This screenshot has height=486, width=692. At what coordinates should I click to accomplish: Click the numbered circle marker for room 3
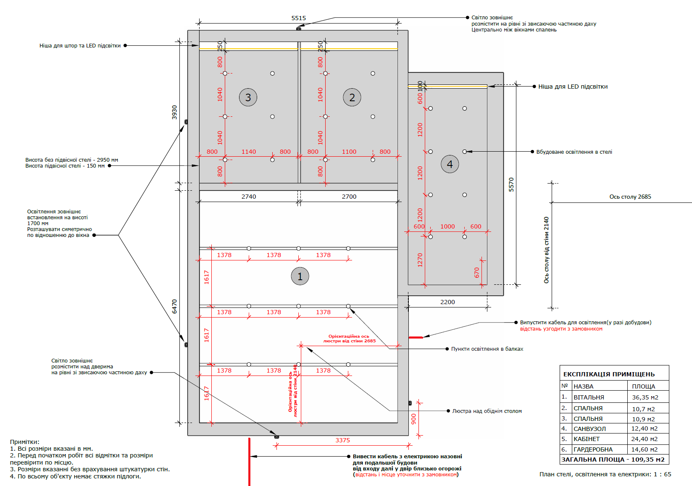coord(248,97)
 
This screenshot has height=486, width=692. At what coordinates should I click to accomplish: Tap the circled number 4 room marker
coord(450,164)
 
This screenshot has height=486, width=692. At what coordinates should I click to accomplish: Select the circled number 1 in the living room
coord(300,276)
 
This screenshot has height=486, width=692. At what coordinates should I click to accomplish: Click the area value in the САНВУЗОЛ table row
coord(645,428)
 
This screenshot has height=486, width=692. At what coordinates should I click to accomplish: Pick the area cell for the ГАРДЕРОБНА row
coord(645,449)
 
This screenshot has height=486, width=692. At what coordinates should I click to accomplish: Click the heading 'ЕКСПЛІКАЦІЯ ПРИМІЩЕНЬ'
coord(609,374)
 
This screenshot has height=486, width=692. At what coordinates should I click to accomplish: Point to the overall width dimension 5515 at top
coord(298,18)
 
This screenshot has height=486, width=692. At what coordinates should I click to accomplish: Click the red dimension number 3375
coord(342,440)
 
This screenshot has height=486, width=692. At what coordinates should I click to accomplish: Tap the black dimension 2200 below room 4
coord(447,302)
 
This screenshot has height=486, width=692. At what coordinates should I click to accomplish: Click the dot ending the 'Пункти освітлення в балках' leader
coord(447,349)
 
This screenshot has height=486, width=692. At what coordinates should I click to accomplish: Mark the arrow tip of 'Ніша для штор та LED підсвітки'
coord(199,45)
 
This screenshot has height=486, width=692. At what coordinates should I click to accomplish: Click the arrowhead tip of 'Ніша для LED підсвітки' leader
coord(488,87)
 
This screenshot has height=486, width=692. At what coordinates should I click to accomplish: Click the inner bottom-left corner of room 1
coord(200,423)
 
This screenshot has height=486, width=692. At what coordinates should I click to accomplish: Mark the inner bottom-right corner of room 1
coord(397,423)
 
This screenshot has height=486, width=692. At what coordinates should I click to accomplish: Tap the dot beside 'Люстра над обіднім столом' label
coord(448,411)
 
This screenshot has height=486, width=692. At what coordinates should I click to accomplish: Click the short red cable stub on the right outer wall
coord(416,337)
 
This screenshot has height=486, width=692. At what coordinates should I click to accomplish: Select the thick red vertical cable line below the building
coord(249,462)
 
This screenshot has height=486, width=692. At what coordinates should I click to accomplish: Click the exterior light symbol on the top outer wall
coord(298,29)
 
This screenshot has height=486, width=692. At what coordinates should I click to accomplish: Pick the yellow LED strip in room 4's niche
coord(447,87)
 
